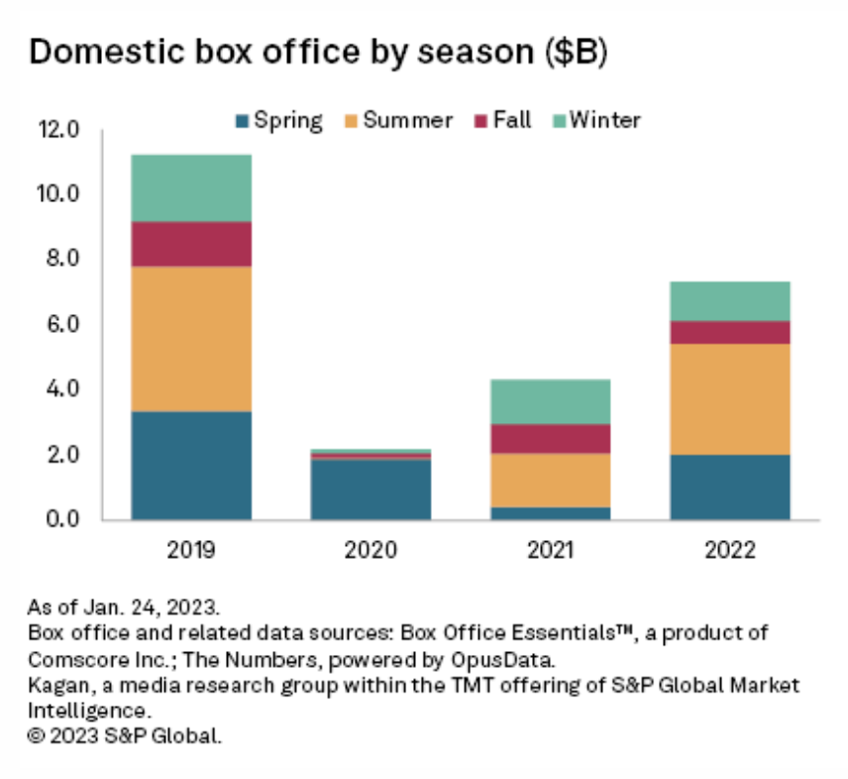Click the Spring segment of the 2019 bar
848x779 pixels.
191,465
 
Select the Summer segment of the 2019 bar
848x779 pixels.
191,339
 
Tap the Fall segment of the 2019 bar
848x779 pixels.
191,244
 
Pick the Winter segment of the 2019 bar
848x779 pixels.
191,188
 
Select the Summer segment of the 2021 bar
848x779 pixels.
550,480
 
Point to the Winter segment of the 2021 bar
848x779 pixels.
550,401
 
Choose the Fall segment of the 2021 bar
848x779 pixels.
550,438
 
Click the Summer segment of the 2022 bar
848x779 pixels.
730,399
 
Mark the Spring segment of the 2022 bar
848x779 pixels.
730,487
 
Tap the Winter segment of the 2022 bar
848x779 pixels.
730,301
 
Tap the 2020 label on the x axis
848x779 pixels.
371,548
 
